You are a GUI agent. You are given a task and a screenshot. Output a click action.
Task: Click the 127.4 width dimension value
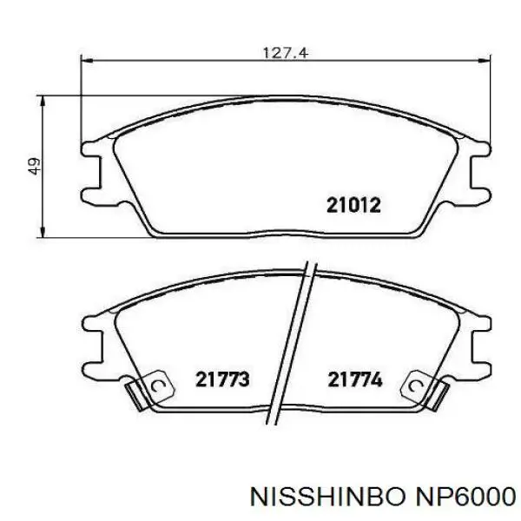coord(286,53)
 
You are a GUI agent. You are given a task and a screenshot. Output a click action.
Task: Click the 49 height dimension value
coord(34,166)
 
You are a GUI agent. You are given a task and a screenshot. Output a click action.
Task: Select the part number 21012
coord(353,205)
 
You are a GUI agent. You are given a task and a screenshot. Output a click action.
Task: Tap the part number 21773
coord(222,379)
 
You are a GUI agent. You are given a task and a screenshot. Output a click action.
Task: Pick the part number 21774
coord(355,379)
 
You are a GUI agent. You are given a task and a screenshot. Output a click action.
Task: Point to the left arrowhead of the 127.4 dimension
coord(86,61)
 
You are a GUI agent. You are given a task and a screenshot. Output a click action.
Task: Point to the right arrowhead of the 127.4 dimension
coord(485,61)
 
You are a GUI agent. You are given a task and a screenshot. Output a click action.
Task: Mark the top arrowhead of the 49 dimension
coord(43,101)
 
